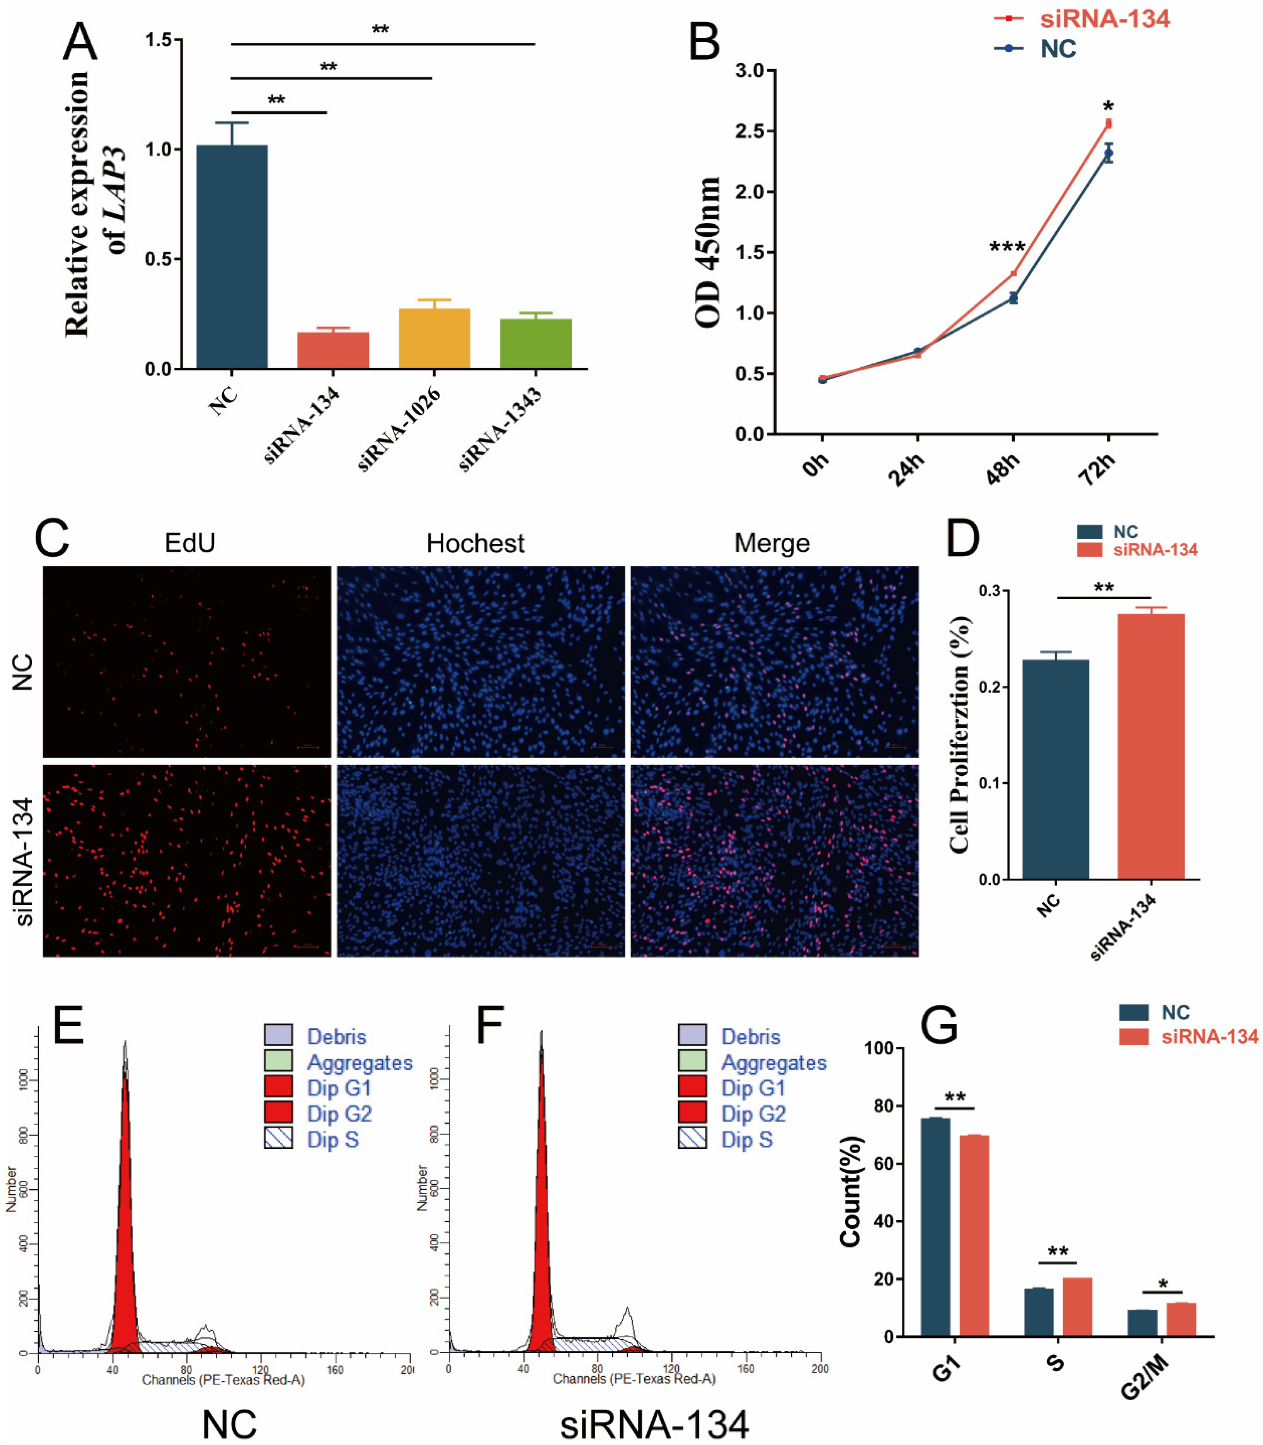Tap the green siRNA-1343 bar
[536, 344]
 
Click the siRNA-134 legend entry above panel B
[1104, 18]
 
